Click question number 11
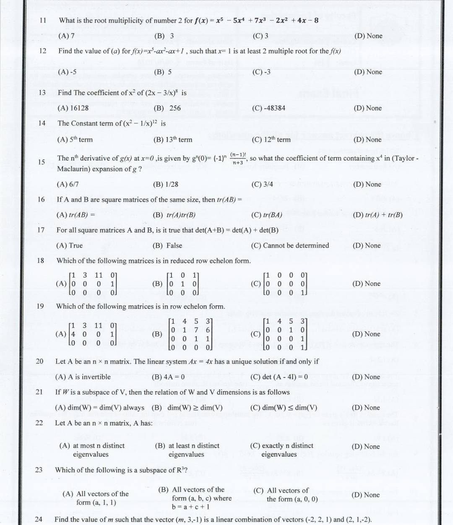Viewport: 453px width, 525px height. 43,20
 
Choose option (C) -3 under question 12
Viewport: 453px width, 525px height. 261,72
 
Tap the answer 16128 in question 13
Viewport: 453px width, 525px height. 73,108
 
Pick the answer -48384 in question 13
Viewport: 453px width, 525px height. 268,108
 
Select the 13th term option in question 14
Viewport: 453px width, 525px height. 173,140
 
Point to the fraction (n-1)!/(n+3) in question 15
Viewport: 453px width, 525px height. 238,158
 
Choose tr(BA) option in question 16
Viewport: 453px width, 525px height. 266,215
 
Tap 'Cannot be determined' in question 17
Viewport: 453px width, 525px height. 290,245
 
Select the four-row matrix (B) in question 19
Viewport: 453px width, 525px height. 190,334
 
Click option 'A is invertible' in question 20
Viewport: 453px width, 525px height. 83,377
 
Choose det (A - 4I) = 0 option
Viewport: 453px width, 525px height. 279,377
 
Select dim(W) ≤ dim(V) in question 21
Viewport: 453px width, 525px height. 284,408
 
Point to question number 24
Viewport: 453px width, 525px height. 39,519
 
